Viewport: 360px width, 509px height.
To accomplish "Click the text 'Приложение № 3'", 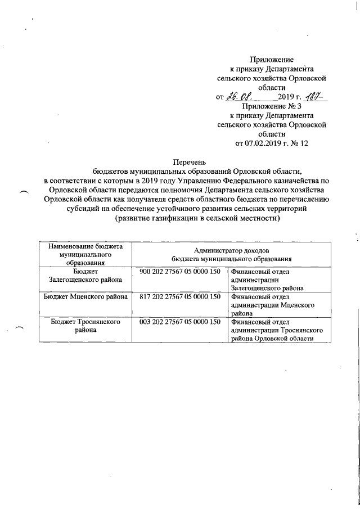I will [272, 107].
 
